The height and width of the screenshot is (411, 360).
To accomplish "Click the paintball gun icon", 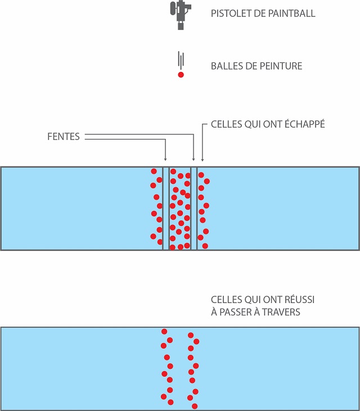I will [x=180, y=13].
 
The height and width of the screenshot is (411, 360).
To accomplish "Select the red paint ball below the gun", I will [x=181, y=75].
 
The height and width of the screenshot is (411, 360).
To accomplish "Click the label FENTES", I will [x=64, y=137].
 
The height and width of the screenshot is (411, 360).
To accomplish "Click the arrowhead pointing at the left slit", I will [x=165, y=159].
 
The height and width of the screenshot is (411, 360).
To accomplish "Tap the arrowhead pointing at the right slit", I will [x=193, y=159].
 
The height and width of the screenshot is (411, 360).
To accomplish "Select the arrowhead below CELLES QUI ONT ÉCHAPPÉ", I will [x=202, y=159].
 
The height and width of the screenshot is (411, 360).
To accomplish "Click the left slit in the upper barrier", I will [x=166, y=208].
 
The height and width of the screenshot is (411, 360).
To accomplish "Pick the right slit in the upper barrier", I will [x=194, y=208].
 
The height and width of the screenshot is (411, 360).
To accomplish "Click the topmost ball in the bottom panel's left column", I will [x=164, y=332].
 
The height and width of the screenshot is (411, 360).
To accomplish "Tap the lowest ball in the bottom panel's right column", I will [x=195, y=405].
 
